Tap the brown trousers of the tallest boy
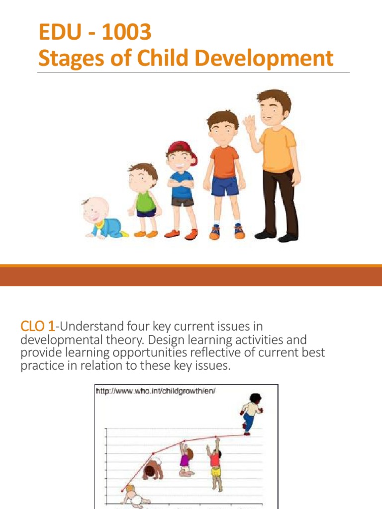click(281, 199)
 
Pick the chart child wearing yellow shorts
click(215, 462)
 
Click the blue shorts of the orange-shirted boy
click(225, 185)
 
